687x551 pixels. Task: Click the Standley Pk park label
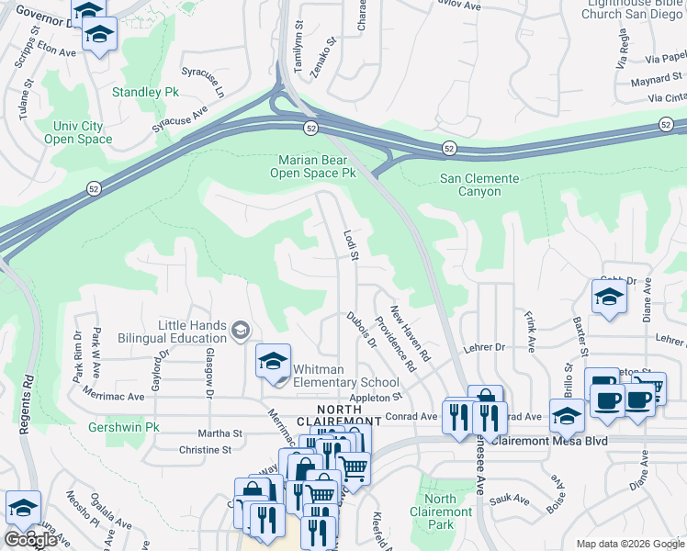pyautogui.click(x=145, y=93)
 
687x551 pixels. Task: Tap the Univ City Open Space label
pyautogui.click(x=78, y=132)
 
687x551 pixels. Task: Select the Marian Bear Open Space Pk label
pyautogui.click(x=317, y=165)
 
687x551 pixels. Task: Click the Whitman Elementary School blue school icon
pyautogui.click(x=273, y=360)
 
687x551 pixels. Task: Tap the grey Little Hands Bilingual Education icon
pyautogui.click(x=241, y=330)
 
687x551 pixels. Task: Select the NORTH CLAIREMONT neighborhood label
pyautogui.click(x=349, y=415)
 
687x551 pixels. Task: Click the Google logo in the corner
pyautogui.click(x=30, y=540)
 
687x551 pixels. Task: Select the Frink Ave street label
pyautogui.click(x=530, y=332)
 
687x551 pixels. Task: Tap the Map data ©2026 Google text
pyautogui.click(x=630, y=544)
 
